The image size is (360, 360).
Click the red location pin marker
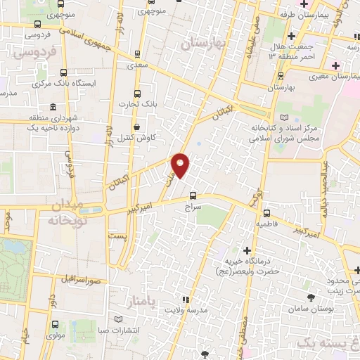point(181,166)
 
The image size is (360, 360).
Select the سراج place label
point(192,209)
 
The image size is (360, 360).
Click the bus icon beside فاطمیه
point(267,212)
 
